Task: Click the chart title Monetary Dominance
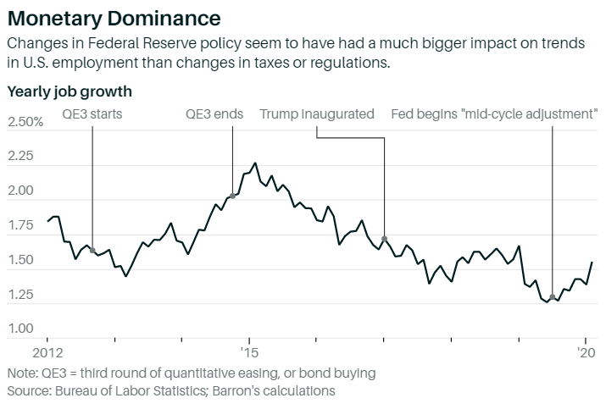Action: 114,17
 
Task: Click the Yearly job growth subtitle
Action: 69,90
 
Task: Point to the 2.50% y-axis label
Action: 25,123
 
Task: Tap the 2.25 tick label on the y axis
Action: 22,157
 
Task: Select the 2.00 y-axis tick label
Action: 22,191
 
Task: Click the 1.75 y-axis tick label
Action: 22,226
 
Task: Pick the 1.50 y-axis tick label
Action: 22,260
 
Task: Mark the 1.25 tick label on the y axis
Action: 22,295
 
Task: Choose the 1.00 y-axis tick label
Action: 22,329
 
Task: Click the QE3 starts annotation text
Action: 92,114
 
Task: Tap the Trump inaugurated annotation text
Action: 317,114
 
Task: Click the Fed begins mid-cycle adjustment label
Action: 493,114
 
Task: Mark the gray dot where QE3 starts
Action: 92,250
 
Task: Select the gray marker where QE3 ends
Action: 232,196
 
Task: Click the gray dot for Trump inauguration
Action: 384,239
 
